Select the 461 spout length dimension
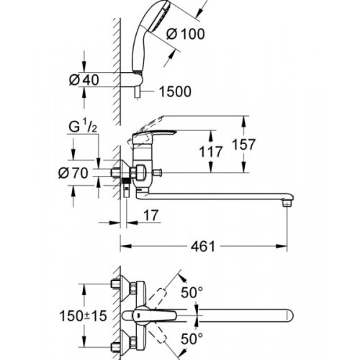[204, 247]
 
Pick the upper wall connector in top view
[118, 286]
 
